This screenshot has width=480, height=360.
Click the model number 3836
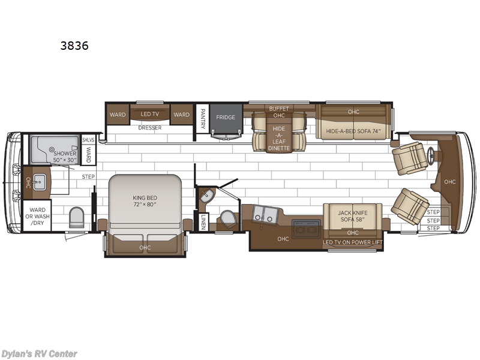click(74, 46)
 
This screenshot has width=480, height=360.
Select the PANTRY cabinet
click(202, 118)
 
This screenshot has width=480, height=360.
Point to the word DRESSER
click(149, 127)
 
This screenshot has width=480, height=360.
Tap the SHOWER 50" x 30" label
click(65, 157)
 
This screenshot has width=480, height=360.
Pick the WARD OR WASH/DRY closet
click(34, 217)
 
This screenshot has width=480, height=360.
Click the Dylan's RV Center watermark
click(40, 353)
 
